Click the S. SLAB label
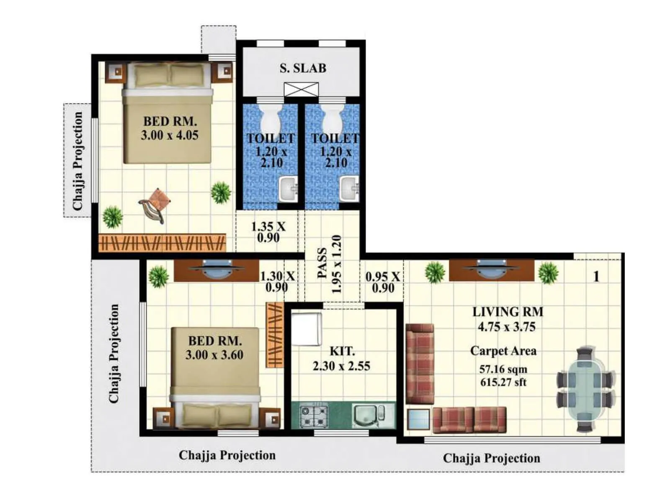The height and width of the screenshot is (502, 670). click(x=303, y=68)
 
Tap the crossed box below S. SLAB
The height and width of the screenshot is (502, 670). click(x=301, y=90)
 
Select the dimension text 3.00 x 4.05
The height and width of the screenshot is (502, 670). click(x=170, y=135)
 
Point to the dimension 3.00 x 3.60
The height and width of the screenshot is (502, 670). click(x=214, y=355)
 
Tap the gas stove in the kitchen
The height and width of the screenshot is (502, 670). click(x=314, y=416)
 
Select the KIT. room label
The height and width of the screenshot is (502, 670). click(x=342, y=351)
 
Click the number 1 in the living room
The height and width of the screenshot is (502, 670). click(x=596, y=277)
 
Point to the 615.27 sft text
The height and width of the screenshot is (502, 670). click(x=503, y=382)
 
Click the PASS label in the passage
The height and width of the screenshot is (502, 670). click(x=322, y=264)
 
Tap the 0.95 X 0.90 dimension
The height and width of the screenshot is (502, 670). click(x=382, y=282)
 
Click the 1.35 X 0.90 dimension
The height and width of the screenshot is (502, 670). click(x=268, y=232)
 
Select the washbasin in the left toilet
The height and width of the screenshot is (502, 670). click(x=288, y=189)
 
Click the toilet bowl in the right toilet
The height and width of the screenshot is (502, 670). click(x=332, y=119)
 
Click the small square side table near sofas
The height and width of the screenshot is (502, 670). click(x=418, y=419)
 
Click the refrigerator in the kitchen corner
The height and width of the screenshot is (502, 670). click(x=307, y=329)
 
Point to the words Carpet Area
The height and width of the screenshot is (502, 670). click(x=503, y=351)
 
